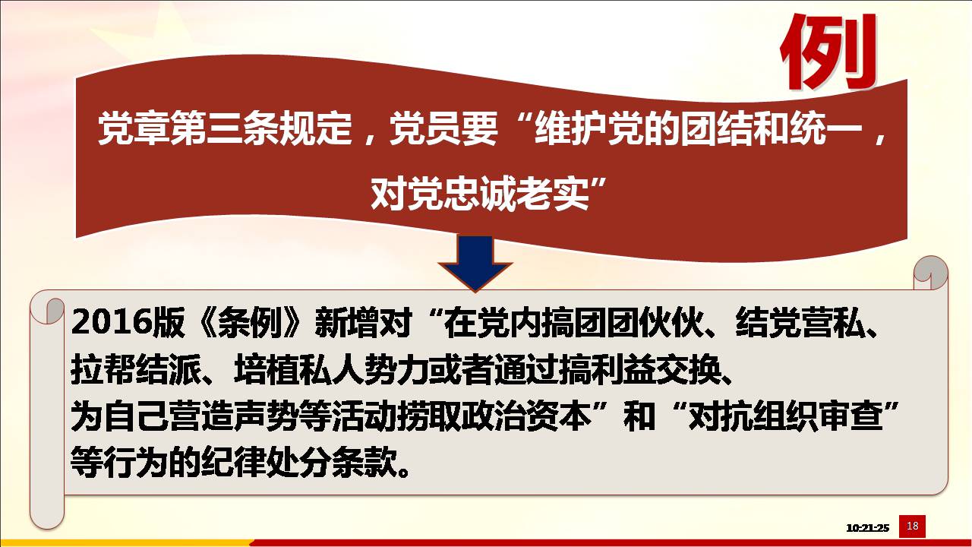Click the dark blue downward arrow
(x=475, y=263)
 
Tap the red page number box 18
(x=912, y=526)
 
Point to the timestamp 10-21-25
(x=867, y=528)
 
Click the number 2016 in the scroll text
(x=111, y=323)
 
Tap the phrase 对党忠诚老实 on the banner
(x=480, y=194)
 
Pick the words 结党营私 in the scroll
(x=801, y=323)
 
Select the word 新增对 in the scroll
(x=364, y=323)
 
